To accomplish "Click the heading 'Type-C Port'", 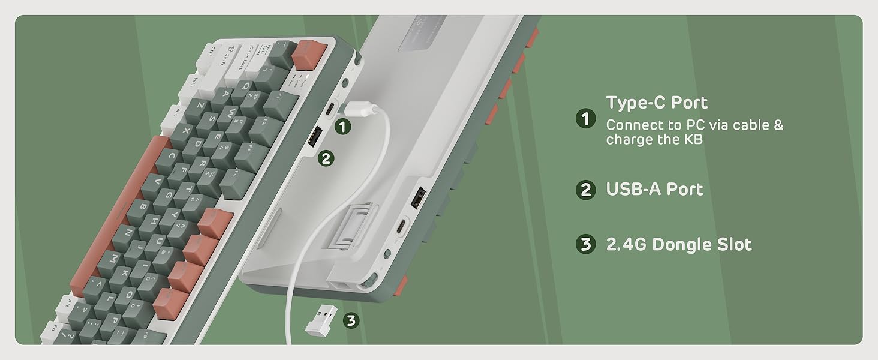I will tap(657, 103).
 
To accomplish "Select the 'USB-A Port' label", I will tap(654, 190).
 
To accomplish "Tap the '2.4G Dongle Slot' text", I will tap(678, 245).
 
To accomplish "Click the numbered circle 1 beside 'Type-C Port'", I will tap(585, 119).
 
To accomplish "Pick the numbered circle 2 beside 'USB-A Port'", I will tap(585, 190).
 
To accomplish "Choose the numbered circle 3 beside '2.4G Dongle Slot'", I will tap(585, 245).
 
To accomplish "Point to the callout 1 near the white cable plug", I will tap(342, 127).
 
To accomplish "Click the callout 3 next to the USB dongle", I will tap(351, 320).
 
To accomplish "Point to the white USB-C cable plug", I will tap(360, 110).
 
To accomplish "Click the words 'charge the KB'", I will tap(654, 140).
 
